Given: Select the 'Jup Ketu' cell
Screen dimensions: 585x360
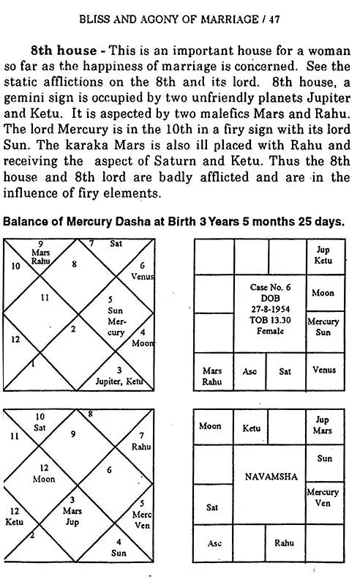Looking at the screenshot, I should click(x=323, y=256).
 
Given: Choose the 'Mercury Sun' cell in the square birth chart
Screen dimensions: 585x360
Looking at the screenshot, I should click(x=323, y=327).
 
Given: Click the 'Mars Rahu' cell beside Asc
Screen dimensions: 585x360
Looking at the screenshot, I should click(x=212, y=376).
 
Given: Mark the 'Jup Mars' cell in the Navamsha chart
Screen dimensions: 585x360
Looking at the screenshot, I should click(x=323, y=425).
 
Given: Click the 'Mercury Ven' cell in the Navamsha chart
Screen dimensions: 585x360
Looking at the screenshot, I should click(x=323, y=497).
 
